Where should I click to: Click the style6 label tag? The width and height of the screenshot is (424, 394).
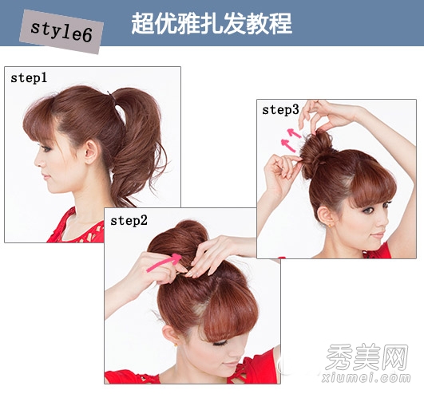click(61, 32)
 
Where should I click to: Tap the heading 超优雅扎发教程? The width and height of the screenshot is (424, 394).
click(212, 23)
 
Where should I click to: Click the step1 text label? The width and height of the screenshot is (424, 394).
click(29, 78)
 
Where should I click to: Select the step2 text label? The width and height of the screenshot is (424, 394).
click(129, 221)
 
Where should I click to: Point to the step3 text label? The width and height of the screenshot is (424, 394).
click(280, 110)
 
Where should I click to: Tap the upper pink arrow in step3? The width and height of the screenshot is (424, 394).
click(294, 133)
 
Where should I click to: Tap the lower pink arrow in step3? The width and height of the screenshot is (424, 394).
click(288, 145)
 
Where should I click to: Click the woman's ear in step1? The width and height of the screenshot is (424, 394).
click(91, 152)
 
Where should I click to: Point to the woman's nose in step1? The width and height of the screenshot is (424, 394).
click(38, 161)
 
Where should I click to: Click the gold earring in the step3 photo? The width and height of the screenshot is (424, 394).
click(330, 225)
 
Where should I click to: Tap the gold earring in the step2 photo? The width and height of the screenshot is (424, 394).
click(176, 345)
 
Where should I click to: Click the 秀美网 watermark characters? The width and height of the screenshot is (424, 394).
click(367, 357)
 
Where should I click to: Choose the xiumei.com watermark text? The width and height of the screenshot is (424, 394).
click(367, 377)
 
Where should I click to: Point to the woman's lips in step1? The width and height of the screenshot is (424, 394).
click(46, 177)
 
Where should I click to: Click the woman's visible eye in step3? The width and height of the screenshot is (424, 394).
click(368, 210)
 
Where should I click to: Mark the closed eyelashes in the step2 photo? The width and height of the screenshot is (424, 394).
click(220, 344)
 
